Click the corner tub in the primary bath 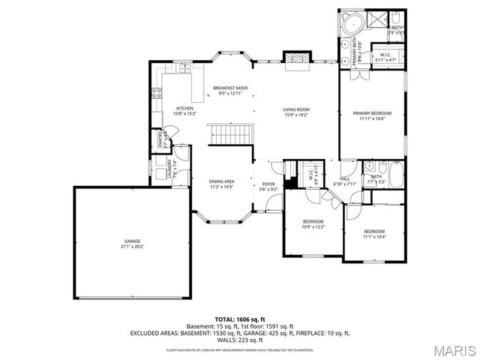coord(350,22)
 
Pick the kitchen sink coord(183,70)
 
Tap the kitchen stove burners coord(157,94)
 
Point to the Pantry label coord(160,139)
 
